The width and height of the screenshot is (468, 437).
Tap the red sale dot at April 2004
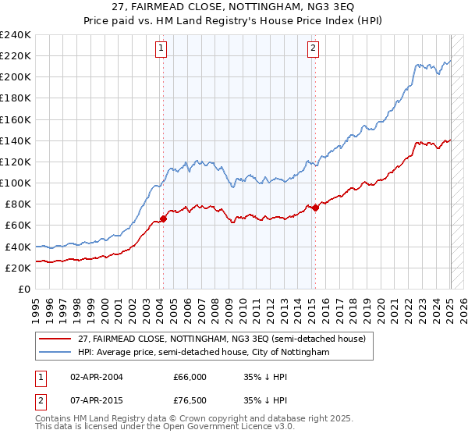pos(163,218)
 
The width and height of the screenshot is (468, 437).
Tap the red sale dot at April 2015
pos(315,208)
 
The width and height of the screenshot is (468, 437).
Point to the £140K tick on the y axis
pos(17,140)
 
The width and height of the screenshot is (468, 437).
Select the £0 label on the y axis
pos(25,289)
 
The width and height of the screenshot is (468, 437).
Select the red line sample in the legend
pos(56,339)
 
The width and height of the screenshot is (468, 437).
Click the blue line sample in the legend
pos(56,353)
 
